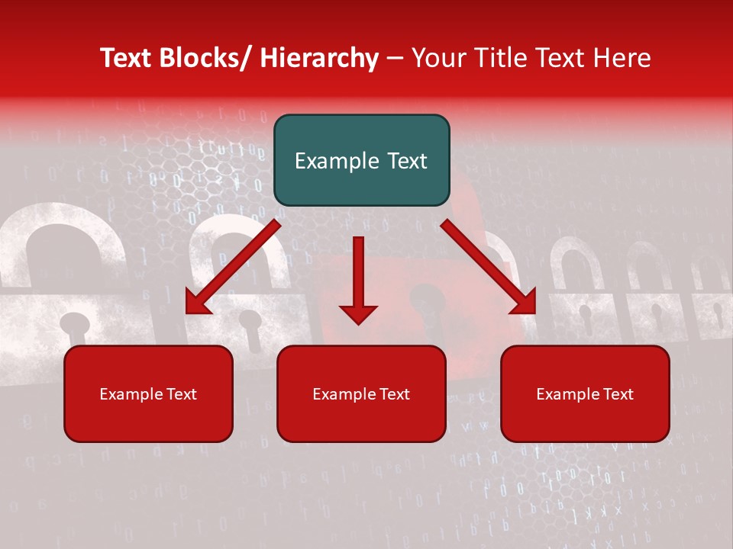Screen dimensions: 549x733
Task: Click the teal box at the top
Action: [x=361, y=160]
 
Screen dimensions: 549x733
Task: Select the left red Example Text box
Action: [x=148, y=393]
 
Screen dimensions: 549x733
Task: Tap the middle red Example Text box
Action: [x=361, y=393]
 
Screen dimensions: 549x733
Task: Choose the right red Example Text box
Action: [x=585, y=393]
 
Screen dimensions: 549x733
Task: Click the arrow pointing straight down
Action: [x=358, y=278]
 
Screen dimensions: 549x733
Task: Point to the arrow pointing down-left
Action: [x=233, y=267]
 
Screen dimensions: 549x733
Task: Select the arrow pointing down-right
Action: [x=489, y=267]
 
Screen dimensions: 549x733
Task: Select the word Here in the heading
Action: [x=625, y=58]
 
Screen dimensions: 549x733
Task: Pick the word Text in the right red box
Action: [x=618, y=394]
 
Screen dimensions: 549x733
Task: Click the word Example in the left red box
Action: [x=131, y=394]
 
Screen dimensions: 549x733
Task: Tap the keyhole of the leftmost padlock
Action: [x=73, y=324]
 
